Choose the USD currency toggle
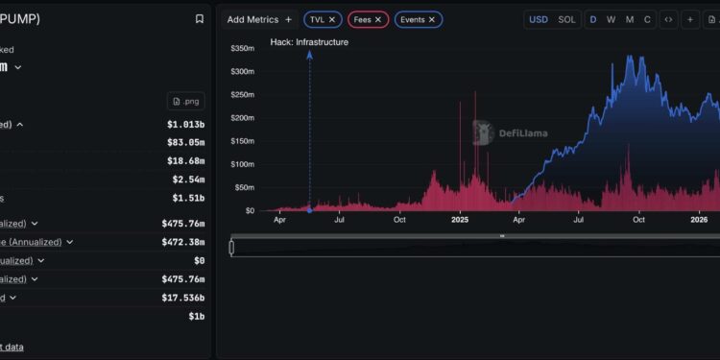tap(539, 19)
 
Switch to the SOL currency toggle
tap(566, 19)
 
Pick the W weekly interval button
tap(611, 19)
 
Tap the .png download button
tap(186, 101)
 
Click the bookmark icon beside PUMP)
tap(199, 18)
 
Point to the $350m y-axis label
tap(242, 48)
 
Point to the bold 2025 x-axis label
tap(460, 220)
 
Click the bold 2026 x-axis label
tap(701, 220)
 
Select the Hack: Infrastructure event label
tap(309, 42)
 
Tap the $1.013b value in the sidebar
tap(185, 124)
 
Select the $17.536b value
tap(182, 298)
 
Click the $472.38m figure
tap(182, 242)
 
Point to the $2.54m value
tap(188, 180)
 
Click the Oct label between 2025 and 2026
tap(640, 220)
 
